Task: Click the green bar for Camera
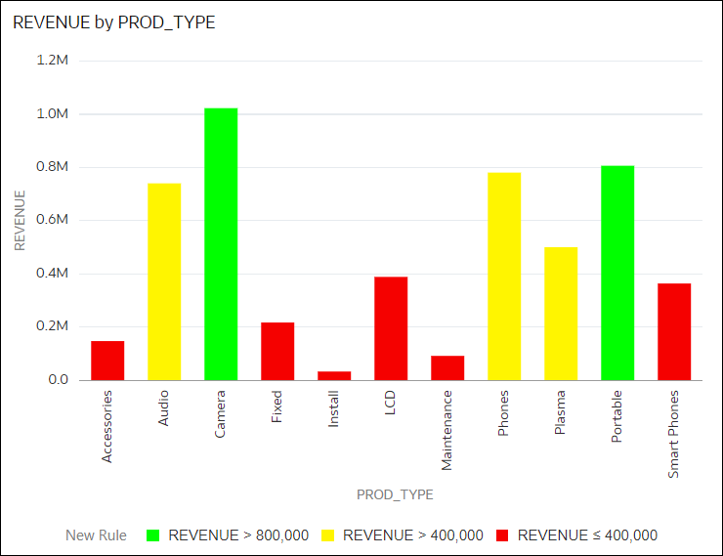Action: [x=221, y=243]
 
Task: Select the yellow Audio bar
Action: [x=164, y=281]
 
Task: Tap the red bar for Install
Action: [x=334, y=375]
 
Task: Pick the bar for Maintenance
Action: [x=447, y=367]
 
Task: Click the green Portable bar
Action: [x=617, y=273]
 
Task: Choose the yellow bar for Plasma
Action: [x=561, y=313]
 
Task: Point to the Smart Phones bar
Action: [x=674, y=331]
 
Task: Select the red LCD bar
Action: [x=391, y=328]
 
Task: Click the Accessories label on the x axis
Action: [x=107, y=426]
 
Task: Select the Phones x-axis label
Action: [x=504, y=413]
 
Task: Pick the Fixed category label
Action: [x=277, y=407]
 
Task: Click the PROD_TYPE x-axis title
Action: [x=395, y=494]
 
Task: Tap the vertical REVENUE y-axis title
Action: [x=20, y=221]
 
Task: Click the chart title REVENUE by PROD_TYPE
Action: [x=114, y=23]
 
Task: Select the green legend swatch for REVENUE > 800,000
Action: [x=152, y=535]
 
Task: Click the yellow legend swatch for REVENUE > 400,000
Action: [x=327, y=535]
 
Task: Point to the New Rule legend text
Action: [x=96, y=535]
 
